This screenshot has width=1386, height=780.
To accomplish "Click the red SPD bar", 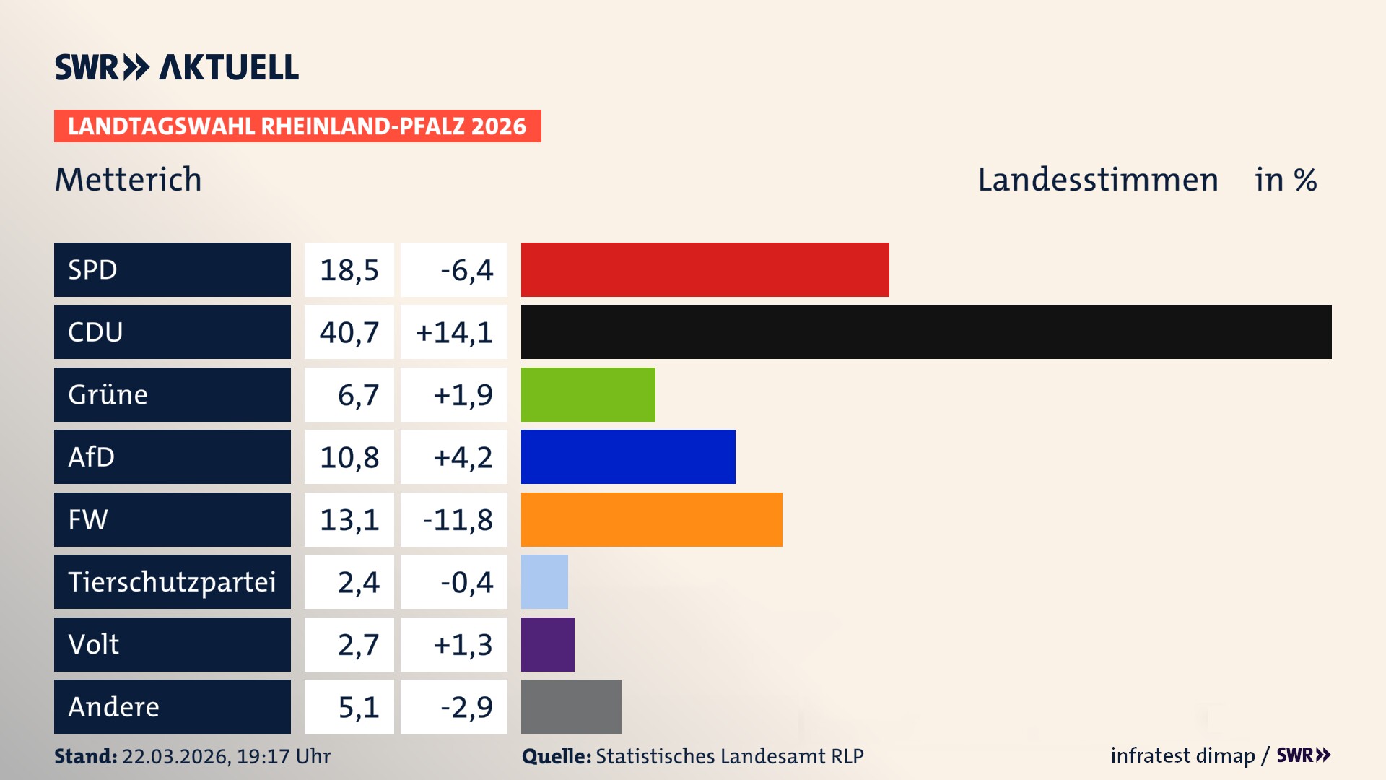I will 705,269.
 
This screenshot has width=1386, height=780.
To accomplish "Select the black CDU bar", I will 925,331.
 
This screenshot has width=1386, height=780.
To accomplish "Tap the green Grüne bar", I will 588,394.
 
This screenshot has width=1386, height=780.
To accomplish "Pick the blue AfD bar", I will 628,456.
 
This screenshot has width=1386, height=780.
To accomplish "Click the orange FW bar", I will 651,519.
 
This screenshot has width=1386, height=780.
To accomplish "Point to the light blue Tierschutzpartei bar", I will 544,581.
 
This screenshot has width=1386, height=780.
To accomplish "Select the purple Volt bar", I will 547,644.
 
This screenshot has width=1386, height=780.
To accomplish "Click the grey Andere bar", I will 570,706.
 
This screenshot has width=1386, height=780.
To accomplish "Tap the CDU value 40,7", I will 349,332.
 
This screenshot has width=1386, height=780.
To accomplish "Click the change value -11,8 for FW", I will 457,520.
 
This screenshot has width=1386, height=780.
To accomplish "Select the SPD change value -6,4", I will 466,270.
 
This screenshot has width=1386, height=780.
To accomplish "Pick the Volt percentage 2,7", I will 358,644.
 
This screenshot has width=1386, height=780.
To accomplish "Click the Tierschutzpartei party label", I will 172,581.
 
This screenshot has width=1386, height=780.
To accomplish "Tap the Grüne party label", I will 108,394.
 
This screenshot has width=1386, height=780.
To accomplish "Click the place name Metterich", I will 128,180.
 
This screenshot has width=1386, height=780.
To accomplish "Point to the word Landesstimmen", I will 1097,180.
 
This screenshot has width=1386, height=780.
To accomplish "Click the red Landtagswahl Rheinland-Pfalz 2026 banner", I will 297,126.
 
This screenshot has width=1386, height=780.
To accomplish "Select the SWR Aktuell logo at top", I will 176,67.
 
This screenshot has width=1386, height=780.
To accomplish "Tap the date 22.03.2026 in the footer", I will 175,756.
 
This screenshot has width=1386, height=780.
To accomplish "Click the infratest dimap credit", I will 1182,755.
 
